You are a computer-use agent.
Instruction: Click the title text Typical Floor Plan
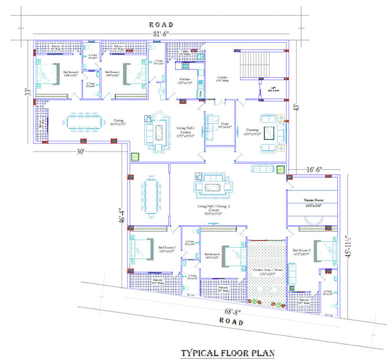[228, 353]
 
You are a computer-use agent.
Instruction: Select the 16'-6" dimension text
[314, 170]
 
